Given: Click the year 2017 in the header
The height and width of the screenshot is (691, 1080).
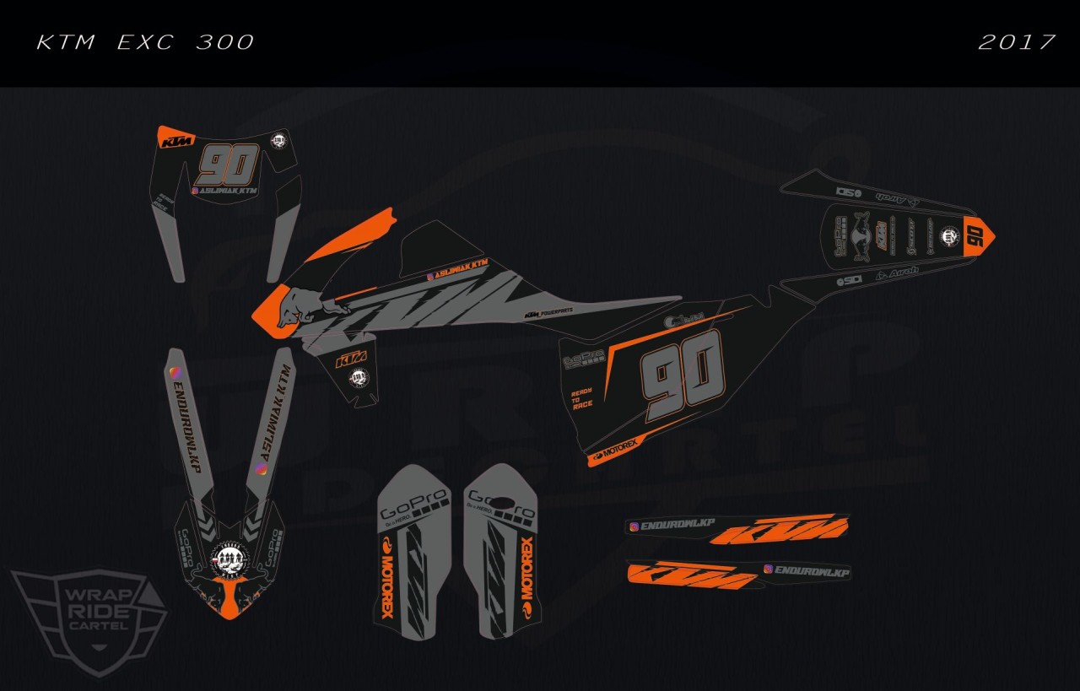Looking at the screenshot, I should point(1017,42).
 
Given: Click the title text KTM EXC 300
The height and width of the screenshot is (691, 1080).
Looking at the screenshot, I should point(145,42).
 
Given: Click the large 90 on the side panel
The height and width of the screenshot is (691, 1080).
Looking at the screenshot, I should point(683,372).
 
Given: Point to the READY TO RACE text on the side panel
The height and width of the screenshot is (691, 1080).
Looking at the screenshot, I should point(581,398).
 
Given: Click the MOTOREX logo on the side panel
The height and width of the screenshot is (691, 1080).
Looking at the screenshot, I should point(617,452).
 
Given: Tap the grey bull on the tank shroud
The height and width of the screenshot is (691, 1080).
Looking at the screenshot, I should point(308,304).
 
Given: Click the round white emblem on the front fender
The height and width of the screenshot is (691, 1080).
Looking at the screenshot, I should point(227,558).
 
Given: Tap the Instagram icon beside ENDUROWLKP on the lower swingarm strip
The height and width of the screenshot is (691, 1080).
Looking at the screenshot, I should point(768,570).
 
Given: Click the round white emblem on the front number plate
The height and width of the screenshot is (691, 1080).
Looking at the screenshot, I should point(278,141).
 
